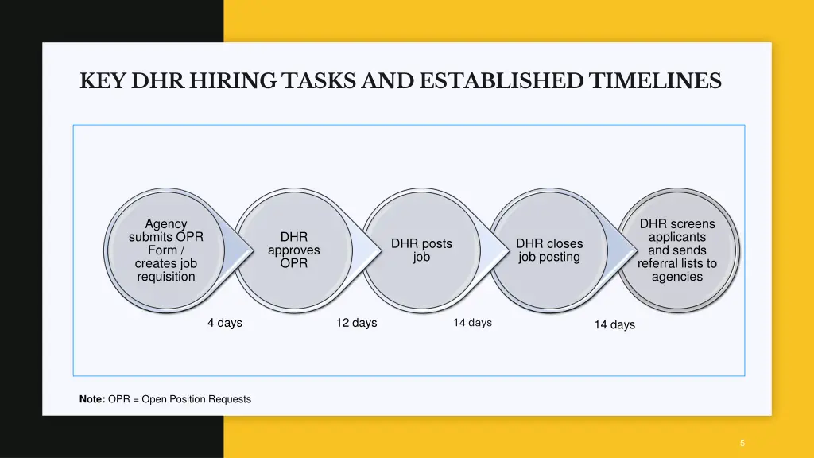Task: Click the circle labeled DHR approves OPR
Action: click(294, 250)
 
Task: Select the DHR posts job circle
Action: click(421, 250)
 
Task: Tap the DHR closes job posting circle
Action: click(548, 250)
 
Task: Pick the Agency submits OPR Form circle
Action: click(165, 250)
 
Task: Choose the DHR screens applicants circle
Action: click(677, 250)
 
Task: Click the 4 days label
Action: click(225, 323)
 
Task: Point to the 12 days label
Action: click(356, 323)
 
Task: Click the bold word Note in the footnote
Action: click(91, 399)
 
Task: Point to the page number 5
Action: click(742, 443)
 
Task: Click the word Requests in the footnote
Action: click(230, 399)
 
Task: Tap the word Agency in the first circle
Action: click(166, 224)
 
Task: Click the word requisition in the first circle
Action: click(165, 277)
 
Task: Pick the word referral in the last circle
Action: click(657, 263)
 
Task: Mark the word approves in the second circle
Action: click(294, 250)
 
